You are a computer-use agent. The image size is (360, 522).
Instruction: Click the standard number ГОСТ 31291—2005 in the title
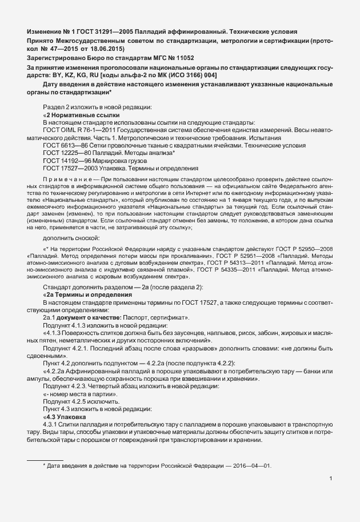click(x=100, y=30)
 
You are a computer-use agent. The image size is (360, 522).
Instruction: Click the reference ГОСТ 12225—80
click(x=65, y=153)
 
